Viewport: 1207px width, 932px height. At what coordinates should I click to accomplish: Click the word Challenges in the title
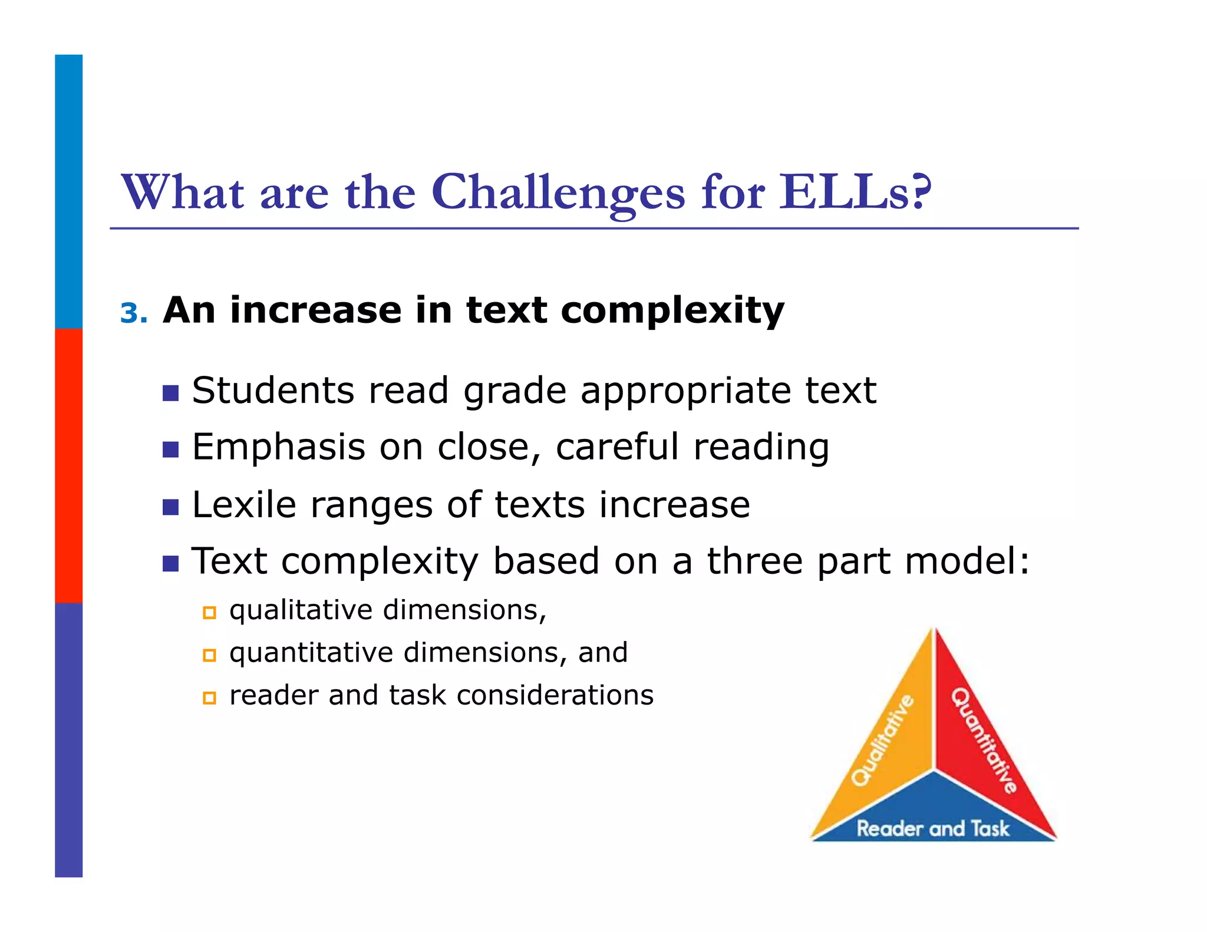click(x=558, y=193)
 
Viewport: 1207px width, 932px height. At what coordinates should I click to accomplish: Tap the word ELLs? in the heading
click(x=855, y=192)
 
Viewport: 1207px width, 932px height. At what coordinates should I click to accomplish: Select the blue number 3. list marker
click(x=133, y=313)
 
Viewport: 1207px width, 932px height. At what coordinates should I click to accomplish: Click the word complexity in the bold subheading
click(x=672, y=311)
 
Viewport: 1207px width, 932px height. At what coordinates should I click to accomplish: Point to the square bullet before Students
click(x=170, y=393)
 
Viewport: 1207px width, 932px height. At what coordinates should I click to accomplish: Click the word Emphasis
click(x=279, y=447)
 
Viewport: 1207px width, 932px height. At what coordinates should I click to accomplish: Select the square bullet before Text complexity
click(x=170, y=564)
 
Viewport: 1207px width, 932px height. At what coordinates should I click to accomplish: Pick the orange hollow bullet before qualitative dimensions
click(x=209, y=613)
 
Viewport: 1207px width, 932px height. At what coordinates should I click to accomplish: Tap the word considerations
click(x=555, y=695)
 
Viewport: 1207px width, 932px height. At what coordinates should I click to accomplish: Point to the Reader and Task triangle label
click(x=933, y=828)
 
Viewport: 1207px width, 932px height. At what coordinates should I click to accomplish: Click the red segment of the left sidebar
click(x=69, y=465)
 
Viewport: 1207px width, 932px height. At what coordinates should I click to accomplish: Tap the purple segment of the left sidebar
click(x=69, y=739)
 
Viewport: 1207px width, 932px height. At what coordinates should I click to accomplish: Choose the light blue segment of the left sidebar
click(x=69, y=191)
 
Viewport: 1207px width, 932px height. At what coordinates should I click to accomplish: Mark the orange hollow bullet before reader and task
click(x=209, y=698)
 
